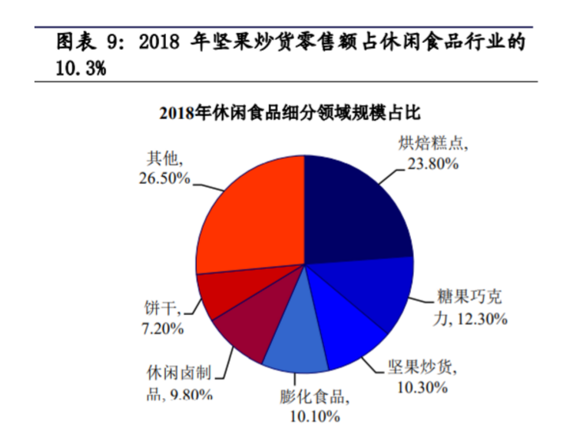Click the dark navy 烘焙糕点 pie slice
coord(353,208)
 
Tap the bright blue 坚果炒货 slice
coord(350,330)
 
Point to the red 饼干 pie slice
coord(223,292)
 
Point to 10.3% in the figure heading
coord(80,68)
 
